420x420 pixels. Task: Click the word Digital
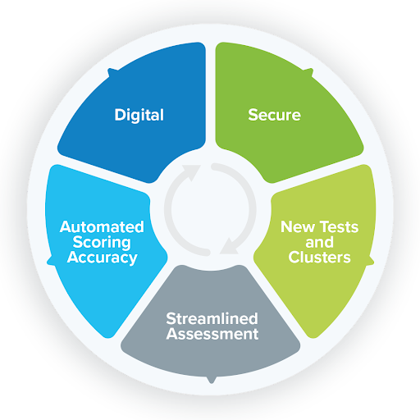[x=139, y=115]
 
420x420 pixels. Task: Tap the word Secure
[x=274, y=115]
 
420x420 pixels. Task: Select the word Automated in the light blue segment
[x=102, y=227]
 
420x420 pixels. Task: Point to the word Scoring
[x=102, y=243]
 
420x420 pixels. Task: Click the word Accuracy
[x=102, y=258]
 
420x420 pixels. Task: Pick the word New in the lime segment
[x=298, y=227]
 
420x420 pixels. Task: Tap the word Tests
[x=339, y=227]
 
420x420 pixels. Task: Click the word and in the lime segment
[x=319, y=242]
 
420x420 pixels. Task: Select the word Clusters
[x=319, y=258]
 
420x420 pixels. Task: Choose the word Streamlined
[x=212, y=318]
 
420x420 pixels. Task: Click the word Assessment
[x=212, y=334]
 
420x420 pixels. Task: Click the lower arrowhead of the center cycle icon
[x=229, y=246]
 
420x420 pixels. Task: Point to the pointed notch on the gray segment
[x=211, y=380]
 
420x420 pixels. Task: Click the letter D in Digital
[x=120, y=115]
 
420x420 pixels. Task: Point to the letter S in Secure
[x=253, y=115]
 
